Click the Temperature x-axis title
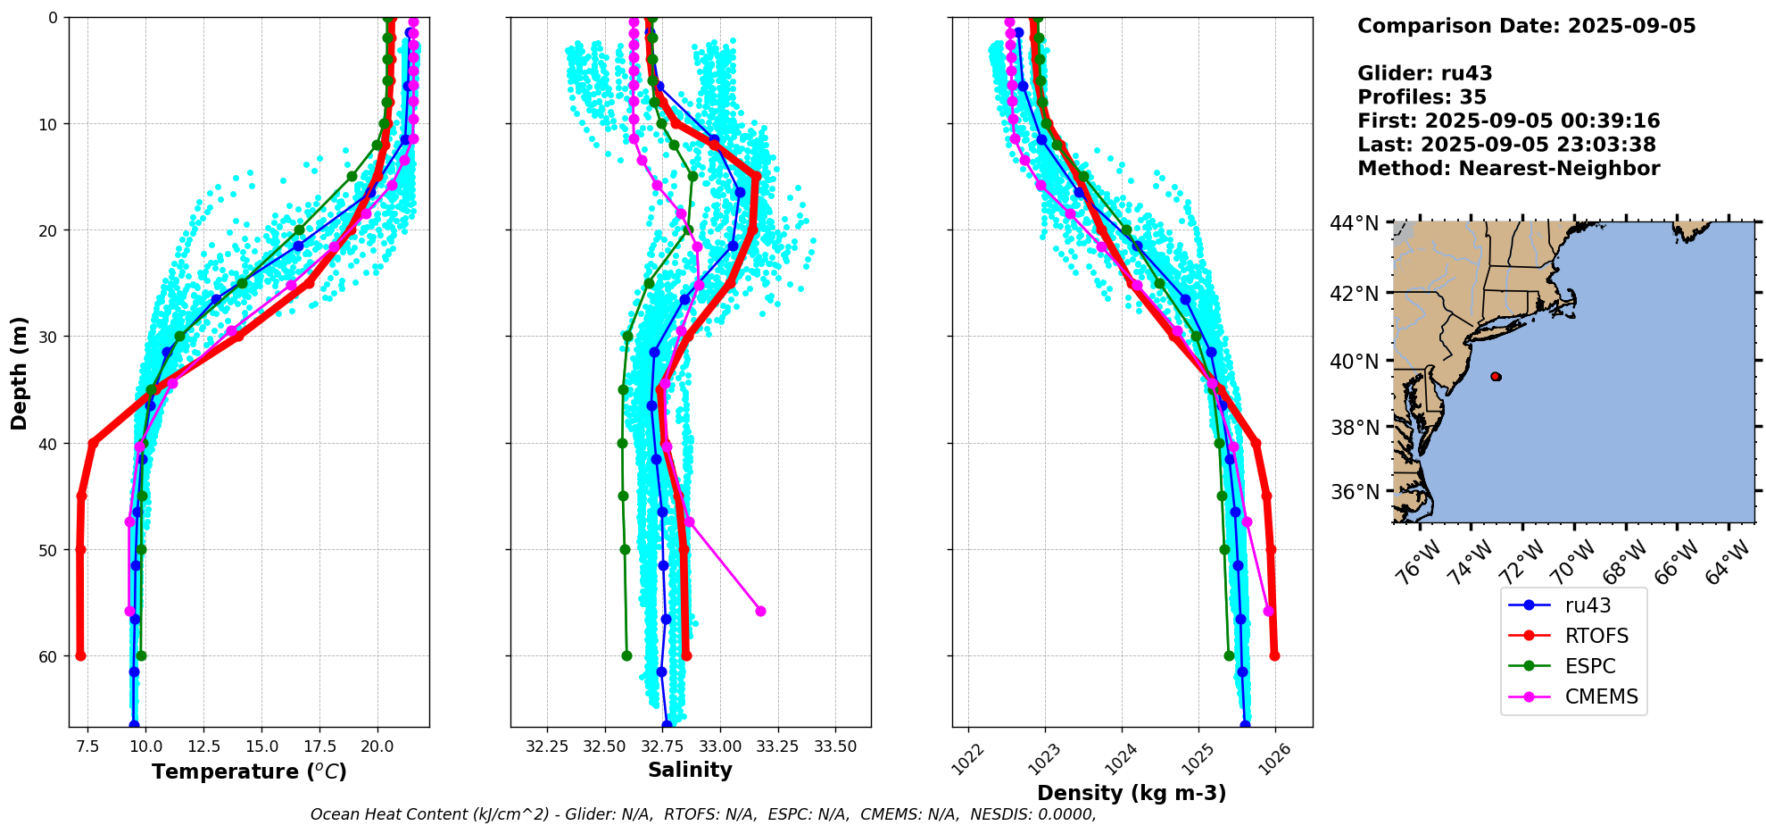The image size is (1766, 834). [249, 771]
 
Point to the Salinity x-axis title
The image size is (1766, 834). [690, 770]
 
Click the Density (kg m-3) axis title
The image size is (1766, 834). [1132, 793]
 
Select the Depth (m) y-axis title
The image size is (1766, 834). [20, 372]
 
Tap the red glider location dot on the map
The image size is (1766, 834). [1496, 377]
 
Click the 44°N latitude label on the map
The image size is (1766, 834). [1355, 223]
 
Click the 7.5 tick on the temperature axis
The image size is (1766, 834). [87, 746]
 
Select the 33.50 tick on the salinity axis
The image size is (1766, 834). [835, 746]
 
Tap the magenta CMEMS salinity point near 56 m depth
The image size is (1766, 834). [760, 612]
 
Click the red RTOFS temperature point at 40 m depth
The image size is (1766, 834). [93, 443]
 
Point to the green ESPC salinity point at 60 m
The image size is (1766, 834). [626, 656]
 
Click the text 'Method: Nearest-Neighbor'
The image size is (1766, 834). [1508, 169]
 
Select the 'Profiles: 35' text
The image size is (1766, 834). [1422, 97]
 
